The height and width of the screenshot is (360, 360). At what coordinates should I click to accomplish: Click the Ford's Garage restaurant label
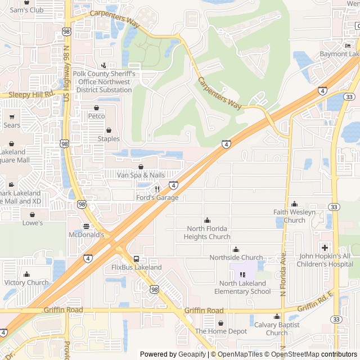(157, 197)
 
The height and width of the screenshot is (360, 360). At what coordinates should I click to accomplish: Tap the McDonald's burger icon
(86, 226)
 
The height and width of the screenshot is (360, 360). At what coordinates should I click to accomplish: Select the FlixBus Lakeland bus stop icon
(136, 259)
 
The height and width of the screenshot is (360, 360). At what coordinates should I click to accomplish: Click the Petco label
(97, 116)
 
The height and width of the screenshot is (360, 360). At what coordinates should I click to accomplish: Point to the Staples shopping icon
(109, 130)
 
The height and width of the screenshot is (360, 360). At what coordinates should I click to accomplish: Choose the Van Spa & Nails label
(141, 175)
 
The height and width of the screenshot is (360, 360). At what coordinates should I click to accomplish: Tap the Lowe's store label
(32, 223)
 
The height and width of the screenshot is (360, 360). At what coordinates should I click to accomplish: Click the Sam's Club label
(26, 10)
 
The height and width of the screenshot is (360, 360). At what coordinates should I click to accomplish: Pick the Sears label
(12, 125)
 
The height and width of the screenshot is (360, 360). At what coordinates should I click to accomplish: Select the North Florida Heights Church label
(207, 232)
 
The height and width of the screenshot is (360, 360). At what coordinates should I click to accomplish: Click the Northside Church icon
(236, 249)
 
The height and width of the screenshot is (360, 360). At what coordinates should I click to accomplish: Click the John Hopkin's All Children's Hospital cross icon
(325, 247)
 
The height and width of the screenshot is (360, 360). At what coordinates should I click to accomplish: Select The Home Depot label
(220, 331)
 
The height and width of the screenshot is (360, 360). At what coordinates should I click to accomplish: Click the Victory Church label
(26, 282)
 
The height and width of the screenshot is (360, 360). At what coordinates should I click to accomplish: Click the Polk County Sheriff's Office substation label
(103, 82)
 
